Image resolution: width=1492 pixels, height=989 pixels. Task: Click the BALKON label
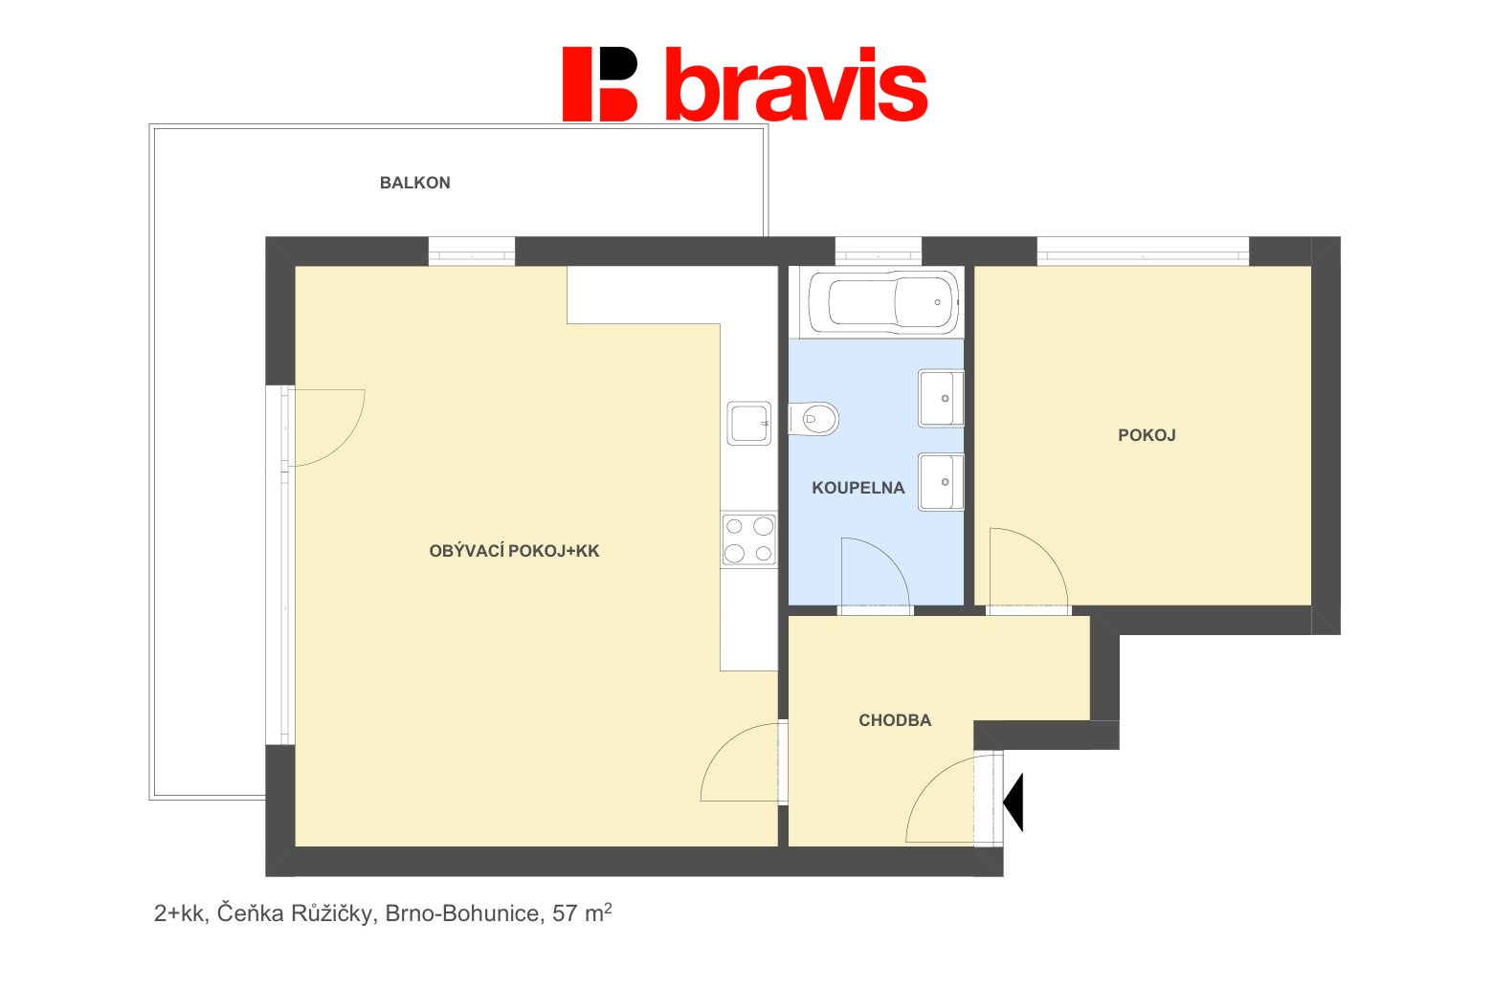click(x=415, y=183)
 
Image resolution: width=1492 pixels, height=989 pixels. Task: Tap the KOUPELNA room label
click(x=857, y=489)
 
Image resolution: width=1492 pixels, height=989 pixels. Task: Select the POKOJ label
click(x=1147, y=435)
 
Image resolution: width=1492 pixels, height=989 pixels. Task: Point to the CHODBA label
click(x=895, y=720)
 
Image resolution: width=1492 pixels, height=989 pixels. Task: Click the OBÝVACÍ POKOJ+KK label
click(x=514, y=551)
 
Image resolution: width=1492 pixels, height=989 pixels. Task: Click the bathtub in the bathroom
click(x=884, y=302)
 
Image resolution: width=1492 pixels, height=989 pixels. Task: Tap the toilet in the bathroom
click(x=813, y=419)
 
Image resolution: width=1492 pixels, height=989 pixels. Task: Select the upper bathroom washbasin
click(x=941, y=398)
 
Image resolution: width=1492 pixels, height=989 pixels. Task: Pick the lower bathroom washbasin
click(x=941, y=482)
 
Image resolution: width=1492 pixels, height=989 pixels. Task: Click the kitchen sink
click(x=748, y=424)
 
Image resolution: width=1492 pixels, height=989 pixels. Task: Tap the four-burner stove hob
click(x=748, y=539)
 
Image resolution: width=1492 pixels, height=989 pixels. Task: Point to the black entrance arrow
click(x=1013, y=802)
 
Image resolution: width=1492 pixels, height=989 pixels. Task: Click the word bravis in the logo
click(x=796, y=84)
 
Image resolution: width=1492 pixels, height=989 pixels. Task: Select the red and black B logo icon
click(x=600, y=84)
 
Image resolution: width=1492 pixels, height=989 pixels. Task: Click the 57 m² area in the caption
click(x=582, y=912)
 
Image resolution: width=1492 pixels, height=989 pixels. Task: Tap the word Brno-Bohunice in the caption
click(x=462, y=913)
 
